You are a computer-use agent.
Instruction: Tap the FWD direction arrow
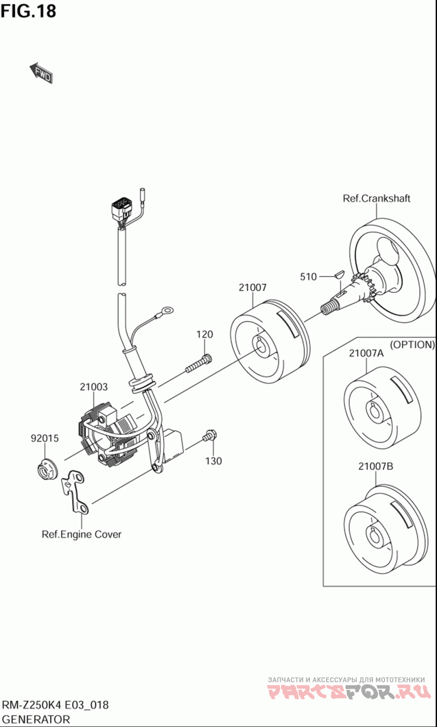(41, 73)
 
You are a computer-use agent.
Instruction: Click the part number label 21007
(252, 287)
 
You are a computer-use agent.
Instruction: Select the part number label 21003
(93, 387)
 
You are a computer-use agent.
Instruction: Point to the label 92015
(44, 438)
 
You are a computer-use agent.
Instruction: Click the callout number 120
(205, 334)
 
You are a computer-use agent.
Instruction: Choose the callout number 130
(214, 461)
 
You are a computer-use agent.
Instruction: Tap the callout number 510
(308, 277)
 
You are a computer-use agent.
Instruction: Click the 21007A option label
(366, 353)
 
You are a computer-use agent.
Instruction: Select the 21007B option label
(376, 466)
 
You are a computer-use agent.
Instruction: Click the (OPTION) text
(412, 345)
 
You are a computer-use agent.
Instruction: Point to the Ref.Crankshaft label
(376, 198)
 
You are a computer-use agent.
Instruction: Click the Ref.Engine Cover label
(81, 534)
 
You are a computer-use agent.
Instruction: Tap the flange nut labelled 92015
(45, 469)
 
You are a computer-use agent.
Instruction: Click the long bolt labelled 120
(198, 363)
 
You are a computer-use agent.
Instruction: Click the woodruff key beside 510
(337, 271)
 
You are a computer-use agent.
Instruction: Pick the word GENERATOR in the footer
(36, 719)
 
